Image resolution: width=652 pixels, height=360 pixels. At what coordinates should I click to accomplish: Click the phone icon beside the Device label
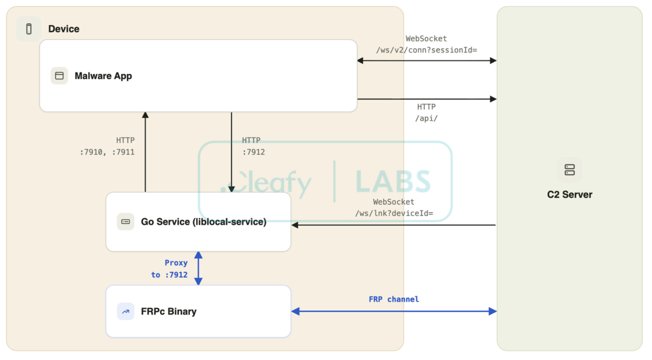click(29, 29)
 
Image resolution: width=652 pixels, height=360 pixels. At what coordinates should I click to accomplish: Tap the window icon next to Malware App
click(59, 76)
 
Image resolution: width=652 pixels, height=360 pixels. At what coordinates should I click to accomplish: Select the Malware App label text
click(103, 76)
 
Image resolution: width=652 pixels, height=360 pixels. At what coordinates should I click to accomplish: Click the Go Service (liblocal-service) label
click(204, 222)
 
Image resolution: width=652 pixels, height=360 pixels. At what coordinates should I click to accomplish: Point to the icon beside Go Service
click(125, 222)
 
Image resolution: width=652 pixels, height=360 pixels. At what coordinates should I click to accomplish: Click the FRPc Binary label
click(169, 311)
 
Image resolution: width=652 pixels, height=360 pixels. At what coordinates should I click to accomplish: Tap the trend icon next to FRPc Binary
click(125, 311)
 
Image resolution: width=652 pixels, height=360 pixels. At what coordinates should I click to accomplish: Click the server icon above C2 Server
click(570, 170)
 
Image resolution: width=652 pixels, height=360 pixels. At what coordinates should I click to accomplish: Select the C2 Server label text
click(570, 194)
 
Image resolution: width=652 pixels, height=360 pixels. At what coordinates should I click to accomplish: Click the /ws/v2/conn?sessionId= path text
click(427, 50)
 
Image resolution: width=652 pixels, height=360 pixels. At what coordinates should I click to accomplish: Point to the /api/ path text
click(426, 118)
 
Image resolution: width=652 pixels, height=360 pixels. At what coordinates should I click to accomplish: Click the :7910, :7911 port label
click(107, 152)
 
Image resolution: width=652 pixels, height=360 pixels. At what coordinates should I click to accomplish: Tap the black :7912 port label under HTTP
click(254, 152)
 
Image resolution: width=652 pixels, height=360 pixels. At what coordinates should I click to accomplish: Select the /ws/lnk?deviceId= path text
click(394, 213)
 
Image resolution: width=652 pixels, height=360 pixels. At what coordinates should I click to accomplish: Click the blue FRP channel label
click(394, 299)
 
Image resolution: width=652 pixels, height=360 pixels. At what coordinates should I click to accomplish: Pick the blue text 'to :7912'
click(169, 275)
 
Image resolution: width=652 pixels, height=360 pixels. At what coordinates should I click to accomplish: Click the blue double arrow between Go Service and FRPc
click(198, 268)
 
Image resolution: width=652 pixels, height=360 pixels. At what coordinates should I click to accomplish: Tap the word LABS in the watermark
click(393, 181)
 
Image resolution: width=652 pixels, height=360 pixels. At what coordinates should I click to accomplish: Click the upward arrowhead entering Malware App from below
click(145, 115)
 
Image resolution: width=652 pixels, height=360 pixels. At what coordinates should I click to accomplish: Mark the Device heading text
click(64, 29)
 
